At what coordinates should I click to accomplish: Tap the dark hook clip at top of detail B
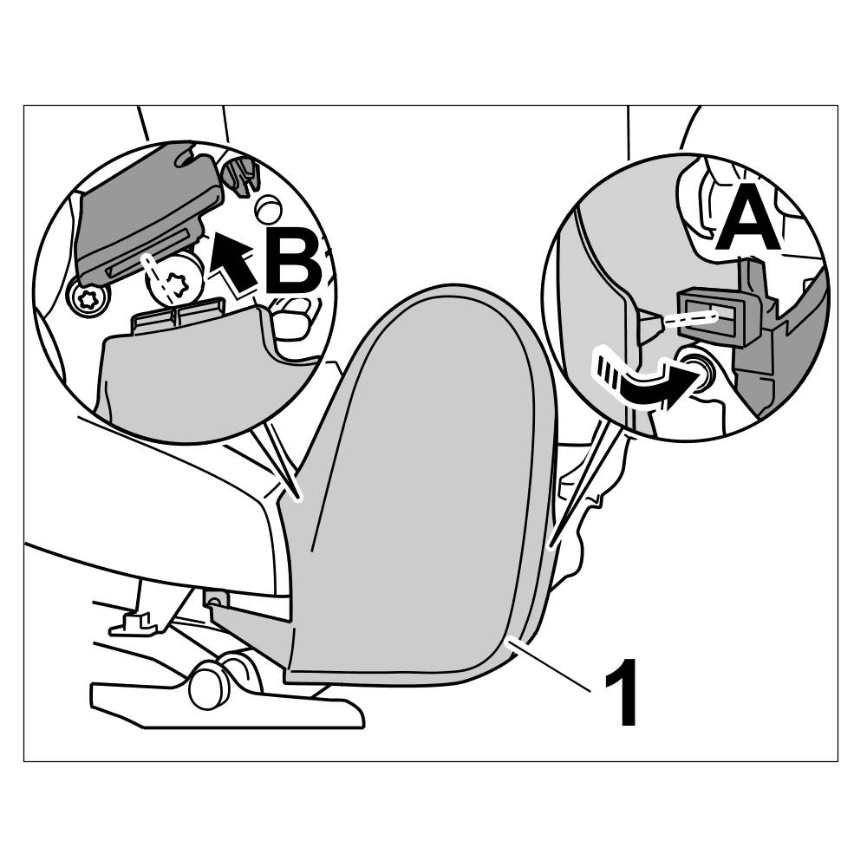(x=241, y=175)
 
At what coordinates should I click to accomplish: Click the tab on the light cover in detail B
(x=179, y=315)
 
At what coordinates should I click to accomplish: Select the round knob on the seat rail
(x=208, y=685)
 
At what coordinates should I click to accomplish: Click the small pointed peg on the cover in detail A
(x=647, y=324)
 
